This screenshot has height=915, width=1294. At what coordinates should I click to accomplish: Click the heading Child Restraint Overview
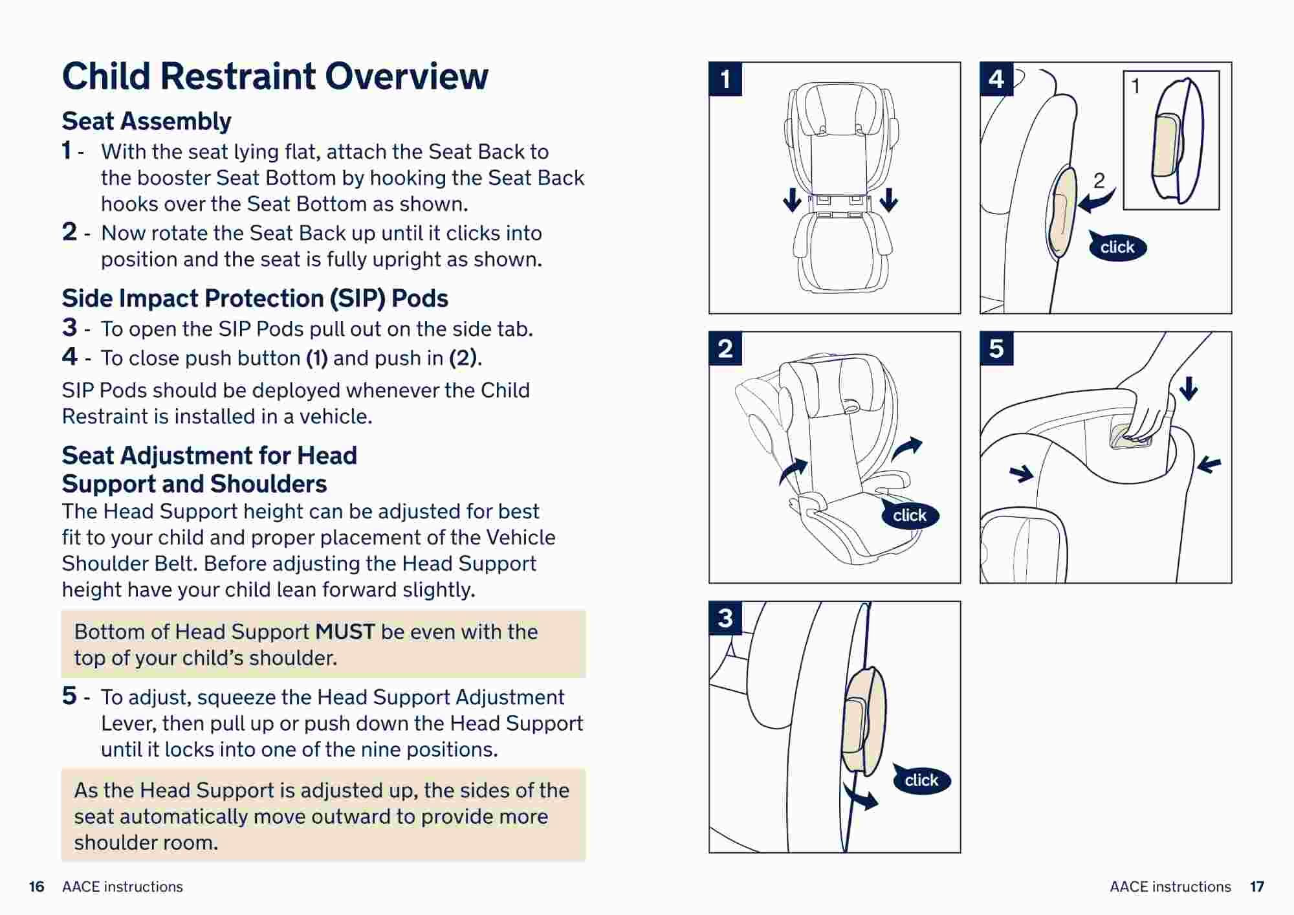[x=275, y=76]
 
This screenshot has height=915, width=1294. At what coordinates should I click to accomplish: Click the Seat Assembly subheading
[x=146, y=121]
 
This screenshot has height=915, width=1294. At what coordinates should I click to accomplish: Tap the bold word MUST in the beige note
[x=345, y=632]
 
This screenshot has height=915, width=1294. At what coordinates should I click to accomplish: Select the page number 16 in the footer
[x=37, y=887]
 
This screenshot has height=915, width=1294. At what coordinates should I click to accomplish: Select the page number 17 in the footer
[x=1256, y=887]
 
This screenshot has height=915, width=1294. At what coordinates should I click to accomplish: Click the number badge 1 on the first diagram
[x=725, y=79]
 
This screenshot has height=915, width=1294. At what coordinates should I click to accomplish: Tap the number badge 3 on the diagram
[x=725, y=618]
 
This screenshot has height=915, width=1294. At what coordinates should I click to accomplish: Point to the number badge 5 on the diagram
[x=996, y=349]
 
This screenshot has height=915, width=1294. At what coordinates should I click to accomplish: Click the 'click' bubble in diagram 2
[x=910, y=515]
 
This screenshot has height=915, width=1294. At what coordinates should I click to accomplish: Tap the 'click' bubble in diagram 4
[x=1117, y=247]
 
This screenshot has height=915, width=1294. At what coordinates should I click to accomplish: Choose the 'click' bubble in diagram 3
[x=921, y=780]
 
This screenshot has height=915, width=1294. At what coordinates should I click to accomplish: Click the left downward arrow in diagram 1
[x=792, y=200]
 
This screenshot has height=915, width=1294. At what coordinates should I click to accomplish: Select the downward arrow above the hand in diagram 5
[x=1189, y=388]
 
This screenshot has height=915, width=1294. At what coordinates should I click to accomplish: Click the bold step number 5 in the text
[x=69, y=696]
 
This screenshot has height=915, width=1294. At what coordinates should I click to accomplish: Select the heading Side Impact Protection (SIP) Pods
[x=255, y=298]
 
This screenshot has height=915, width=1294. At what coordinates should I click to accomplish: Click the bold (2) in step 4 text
[x=464, y=358]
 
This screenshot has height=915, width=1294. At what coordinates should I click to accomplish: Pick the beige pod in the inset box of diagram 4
[x=1167, y=146]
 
